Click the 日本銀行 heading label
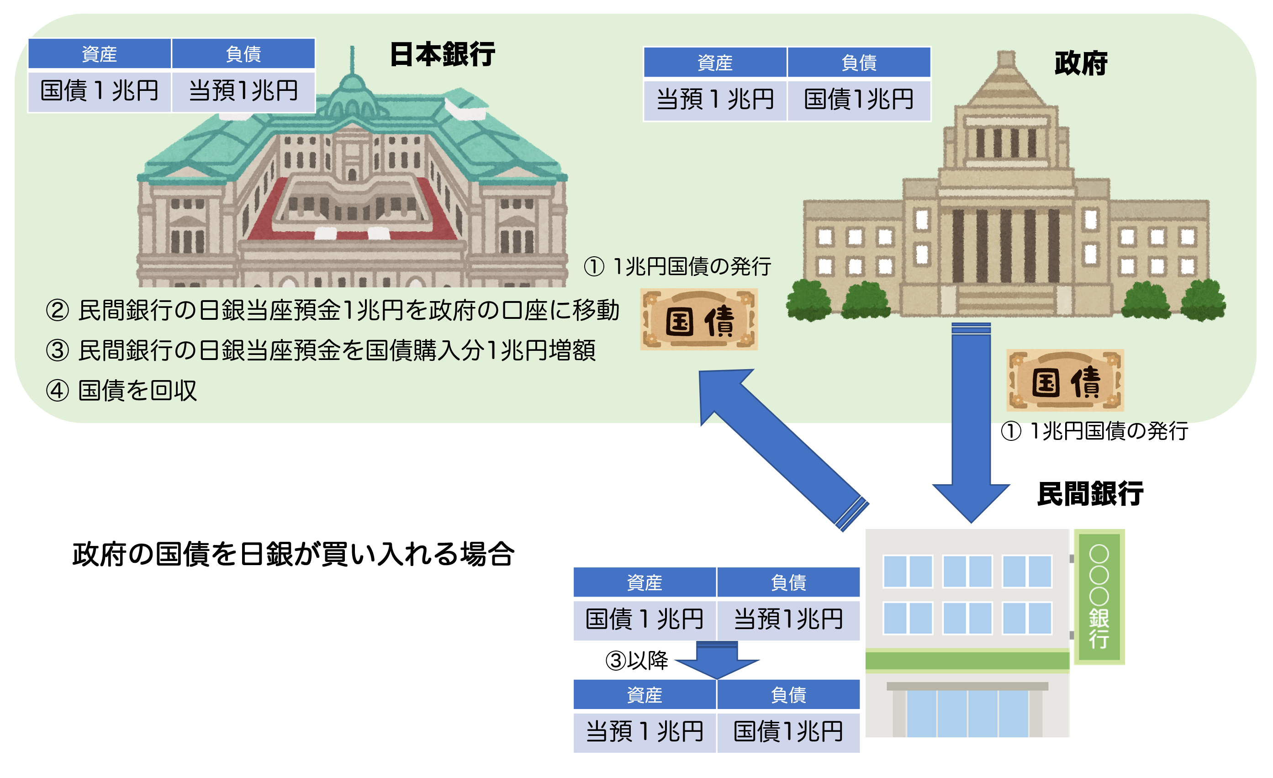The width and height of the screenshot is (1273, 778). click(x=442, y=54)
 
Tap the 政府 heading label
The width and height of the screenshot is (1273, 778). click(x=1081, y=64)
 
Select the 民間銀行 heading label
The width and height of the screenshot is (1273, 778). click(x=1090, y=494)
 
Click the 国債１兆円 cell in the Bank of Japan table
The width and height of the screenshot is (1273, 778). click(x=100, y=91)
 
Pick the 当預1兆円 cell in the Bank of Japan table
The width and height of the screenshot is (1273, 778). click(x=243, y=91)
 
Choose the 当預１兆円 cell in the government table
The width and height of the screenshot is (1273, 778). click(x=715, y=100)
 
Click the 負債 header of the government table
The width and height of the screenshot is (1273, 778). click(x=859, y=63)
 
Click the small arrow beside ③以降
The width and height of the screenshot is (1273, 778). click(x=717, y=660)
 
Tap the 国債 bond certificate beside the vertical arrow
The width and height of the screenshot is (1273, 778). click(x=1065, y=380)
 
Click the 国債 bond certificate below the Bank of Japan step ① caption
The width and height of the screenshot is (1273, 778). click(x=699, y=319)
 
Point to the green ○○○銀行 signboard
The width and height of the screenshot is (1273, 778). click(x=1099, y=597)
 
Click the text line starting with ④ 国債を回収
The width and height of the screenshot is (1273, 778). click(x=121, y=391)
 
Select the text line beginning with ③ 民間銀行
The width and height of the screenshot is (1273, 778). click(x=321, y=350)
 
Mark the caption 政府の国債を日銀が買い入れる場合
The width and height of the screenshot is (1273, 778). click(x=293, y=554)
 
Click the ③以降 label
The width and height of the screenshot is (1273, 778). click(x=637, y=660)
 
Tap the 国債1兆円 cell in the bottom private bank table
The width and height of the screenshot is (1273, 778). click(x=788, y=732)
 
